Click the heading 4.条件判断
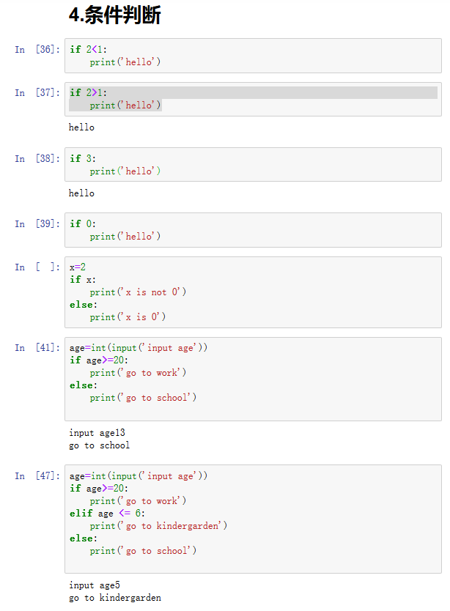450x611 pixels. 114,15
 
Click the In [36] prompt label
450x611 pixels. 37,50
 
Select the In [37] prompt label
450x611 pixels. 37,93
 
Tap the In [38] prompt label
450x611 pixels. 37,159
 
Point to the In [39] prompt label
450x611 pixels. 37,224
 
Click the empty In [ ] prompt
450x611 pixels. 37,267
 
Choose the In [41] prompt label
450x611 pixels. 37,348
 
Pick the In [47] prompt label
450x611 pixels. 37,476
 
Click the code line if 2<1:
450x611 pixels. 88,50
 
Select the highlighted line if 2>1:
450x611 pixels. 88,93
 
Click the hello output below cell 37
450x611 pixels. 81,127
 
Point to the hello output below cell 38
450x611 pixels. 81,193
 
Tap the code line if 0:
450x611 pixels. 83,224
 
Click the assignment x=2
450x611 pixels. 78,267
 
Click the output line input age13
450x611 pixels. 97,433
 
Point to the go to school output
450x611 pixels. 99,445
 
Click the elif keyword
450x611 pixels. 81,514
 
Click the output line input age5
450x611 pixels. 94,585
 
